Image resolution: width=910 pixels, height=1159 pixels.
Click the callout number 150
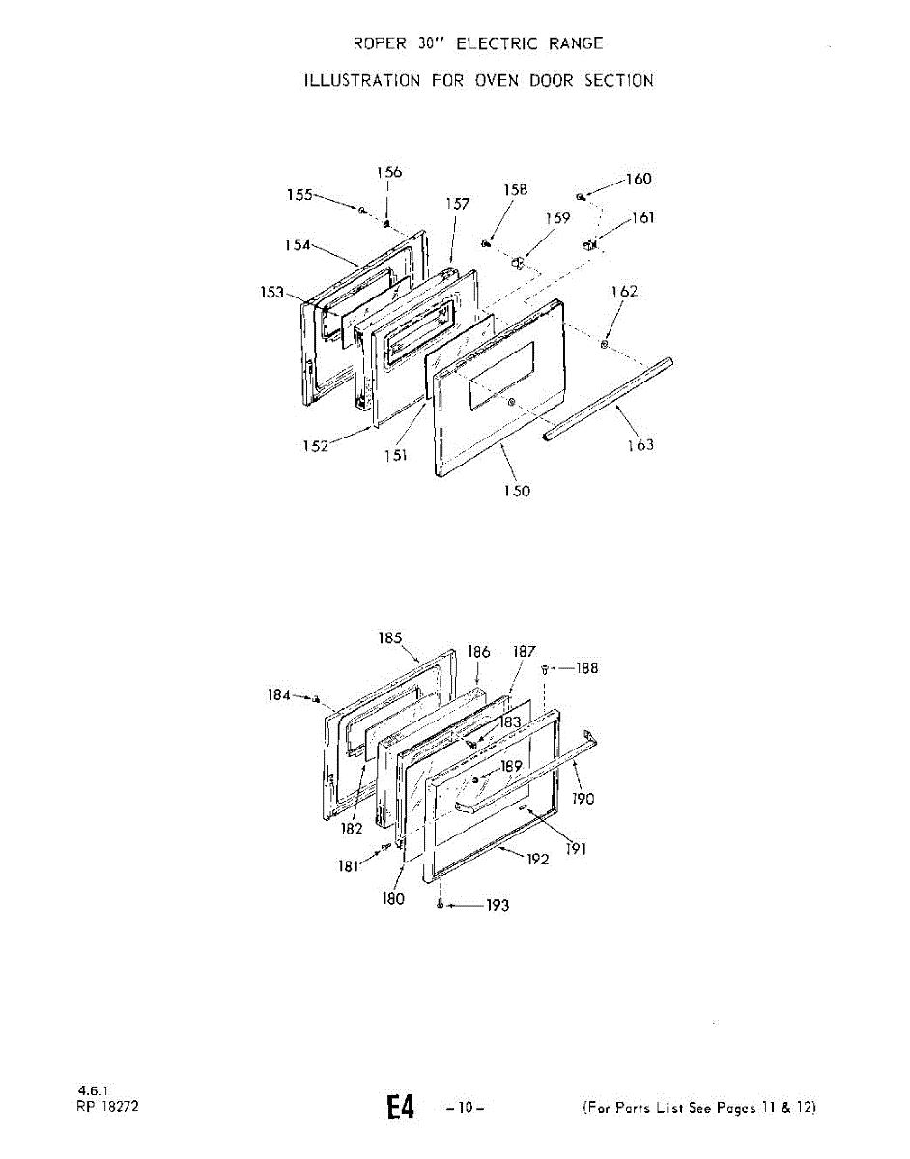[x=517, y=491]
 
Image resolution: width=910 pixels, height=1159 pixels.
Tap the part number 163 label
[x=640, y=444]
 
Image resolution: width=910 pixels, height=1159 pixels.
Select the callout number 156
[x=389, y=172]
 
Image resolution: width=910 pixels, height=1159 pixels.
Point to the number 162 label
[x=624, y=291]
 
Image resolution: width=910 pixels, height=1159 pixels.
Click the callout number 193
[x=497, y=905]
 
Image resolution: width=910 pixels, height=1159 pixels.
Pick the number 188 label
[x=586, y=667]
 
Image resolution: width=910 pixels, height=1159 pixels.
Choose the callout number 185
[x=390, y=637]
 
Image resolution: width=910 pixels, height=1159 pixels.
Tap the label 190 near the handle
[x=583, y=799]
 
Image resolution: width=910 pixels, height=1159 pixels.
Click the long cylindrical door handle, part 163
[x=609, y=399]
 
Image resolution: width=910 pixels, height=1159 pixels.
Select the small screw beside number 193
[x=441, y=904]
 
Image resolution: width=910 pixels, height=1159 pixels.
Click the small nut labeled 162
[x=604, y=344]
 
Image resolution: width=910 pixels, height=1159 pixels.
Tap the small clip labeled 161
[x=588, y=244]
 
